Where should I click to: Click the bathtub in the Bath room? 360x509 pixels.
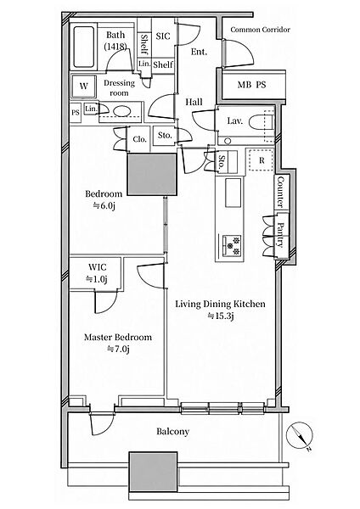coord(84,47)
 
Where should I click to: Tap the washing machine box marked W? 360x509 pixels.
coord(84,87)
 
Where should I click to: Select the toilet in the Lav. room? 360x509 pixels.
coord(262,123)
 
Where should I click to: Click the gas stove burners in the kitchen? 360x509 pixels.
coord(232,245)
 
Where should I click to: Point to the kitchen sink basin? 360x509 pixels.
coord(233,193)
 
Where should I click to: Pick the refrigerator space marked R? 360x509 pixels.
coord(262,160)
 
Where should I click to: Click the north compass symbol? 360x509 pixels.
coord(300,435)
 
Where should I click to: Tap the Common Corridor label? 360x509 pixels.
coord(260,30)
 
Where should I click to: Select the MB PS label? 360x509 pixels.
coord(251,85)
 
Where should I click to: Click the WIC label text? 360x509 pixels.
coord(97,267)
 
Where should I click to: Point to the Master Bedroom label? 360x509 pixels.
coord(118,337)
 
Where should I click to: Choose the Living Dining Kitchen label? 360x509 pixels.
coord(220,305)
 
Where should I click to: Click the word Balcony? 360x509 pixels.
coord(172,432)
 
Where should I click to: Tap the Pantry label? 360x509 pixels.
coord(280,234)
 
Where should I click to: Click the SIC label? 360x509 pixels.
coord(163,36)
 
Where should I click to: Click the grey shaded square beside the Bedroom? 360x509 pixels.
coord(152,174)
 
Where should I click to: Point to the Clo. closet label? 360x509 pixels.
coord(140,139)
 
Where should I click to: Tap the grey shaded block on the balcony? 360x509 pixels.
coord(154,472)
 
